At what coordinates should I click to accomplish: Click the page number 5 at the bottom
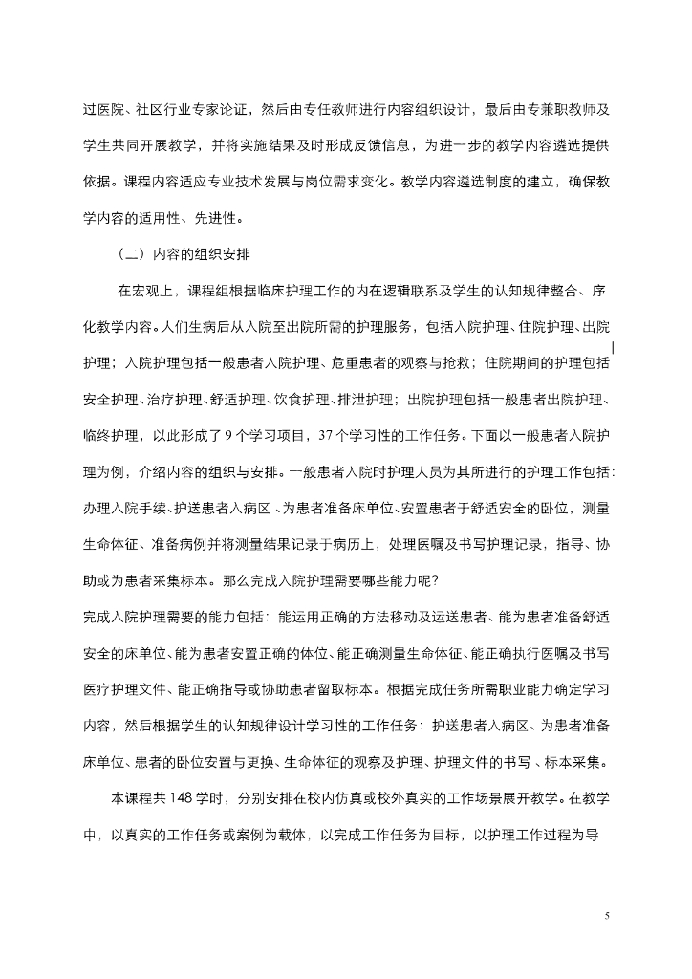607,916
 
